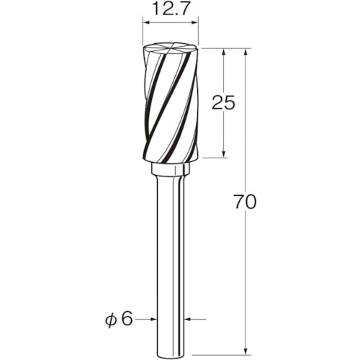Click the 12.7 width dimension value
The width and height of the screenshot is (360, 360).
pyautogui.click(x=170, y=9)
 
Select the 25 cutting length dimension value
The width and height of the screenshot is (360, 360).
pyautogui.click(x=223, y=103)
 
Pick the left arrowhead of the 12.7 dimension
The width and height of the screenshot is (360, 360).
pyautogui.click(x=146, y=23)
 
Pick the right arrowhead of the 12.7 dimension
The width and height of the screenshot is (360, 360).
pyautogui.click(x=194, y=23)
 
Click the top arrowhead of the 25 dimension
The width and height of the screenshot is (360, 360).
pyautogui.click(x=223, y=53)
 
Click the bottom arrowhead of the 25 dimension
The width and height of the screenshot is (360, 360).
pyautogui.click(x=223, y=154)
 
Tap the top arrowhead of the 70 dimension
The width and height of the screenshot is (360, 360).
pyautogui.click(x=246, y=53)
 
